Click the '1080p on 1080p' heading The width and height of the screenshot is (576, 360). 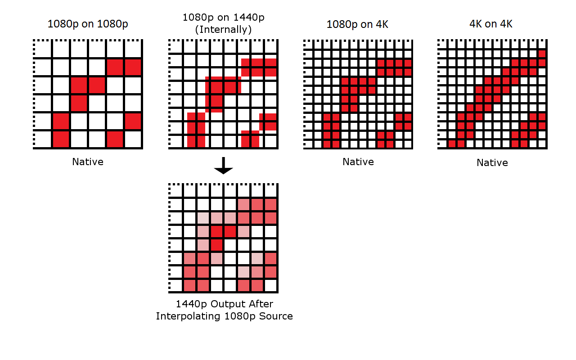[88, 24]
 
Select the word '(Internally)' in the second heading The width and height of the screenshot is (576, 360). [223, 30]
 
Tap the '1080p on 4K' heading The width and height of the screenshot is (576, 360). [357, 24]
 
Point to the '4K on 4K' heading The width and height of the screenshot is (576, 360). [491, 24]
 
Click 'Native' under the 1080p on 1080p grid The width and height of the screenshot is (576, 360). [88, 162]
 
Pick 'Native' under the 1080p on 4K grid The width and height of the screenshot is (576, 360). [358, 162]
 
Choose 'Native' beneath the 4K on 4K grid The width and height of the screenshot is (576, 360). [492, 162]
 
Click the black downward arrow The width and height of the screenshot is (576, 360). [224, 166]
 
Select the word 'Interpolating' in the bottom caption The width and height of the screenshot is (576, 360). [188, 316]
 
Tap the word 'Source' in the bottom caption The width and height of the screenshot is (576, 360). [276, 316]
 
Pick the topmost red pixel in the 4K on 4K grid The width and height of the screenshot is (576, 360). [542, 54]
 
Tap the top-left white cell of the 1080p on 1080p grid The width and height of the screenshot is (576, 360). [43, 49]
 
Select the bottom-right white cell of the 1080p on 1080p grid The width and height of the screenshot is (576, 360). [133, 139]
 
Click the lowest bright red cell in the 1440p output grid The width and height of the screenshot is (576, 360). [216, 245]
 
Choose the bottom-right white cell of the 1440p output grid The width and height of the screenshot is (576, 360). [271, 285]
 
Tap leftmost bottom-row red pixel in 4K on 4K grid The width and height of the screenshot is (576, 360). [452, 144]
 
